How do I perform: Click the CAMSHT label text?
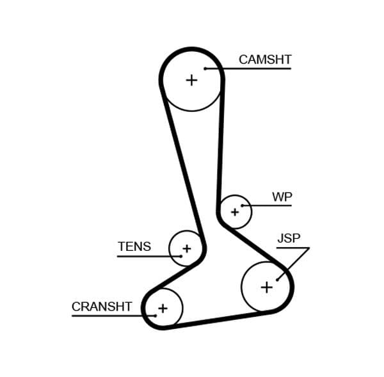(x=264, y=60)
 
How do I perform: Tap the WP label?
(x=282, y=197)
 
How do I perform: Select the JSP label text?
(x=289, y=239)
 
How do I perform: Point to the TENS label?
(x=134, y=246)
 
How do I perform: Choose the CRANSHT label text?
(x=102, y=307)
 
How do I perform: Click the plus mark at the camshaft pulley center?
(x=191, y=80)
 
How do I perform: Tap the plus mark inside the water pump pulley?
(x=234, y=211)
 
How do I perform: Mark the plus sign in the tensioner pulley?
(x=186, y=248)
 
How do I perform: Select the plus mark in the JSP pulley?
(x=266, y=287)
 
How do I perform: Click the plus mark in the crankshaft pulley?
(x=163, y=309)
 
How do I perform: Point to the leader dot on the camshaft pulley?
(x=205, y=68)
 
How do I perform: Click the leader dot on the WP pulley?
(x=243, y=205)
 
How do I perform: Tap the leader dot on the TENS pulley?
(x=180, y=256)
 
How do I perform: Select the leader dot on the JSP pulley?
(x=277, y=279)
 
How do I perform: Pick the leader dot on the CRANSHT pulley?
(x=155, y=316)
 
